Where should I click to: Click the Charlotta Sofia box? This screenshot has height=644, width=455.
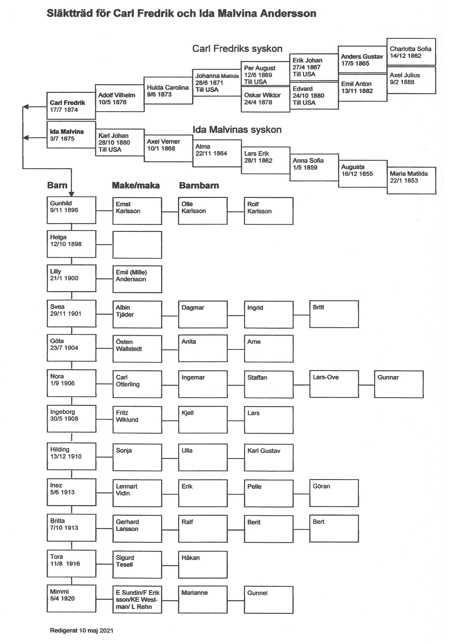coord(411,52)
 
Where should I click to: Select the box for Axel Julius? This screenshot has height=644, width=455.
coord(411,80)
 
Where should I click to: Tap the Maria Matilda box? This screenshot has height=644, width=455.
coord(411,180)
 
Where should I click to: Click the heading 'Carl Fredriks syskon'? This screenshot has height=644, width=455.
coord(237,49)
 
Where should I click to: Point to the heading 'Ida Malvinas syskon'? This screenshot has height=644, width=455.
coord(237,129)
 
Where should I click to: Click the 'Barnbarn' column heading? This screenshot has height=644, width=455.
coord(199,185)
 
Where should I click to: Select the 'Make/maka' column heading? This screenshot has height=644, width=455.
coord(136,185)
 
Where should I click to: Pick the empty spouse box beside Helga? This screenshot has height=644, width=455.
coord(137,245)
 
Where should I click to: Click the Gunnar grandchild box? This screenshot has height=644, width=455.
coord(399,384)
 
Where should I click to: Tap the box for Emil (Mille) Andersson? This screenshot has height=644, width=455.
coord(137,279)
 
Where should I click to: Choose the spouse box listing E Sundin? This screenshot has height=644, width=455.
coord(137,599)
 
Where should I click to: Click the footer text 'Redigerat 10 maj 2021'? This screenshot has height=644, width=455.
coord(81,631)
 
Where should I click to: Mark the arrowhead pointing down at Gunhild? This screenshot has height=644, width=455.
coord(71,194)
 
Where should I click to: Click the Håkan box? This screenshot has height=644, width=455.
coord(203,565)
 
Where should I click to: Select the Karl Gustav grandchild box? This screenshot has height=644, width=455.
coord(269,458)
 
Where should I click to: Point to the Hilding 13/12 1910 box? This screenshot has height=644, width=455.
coord(71,456)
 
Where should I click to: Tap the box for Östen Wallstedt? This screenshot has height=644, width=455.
coord(137,349)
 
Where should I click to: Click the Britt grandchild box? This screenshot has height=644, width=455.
coord(334,314)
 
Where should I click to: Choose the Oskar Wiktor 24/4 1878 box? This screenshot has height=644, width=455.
coord(265,99)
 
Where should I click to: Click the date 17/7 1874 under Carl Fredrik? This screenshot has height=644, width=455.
coord(64,110)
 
